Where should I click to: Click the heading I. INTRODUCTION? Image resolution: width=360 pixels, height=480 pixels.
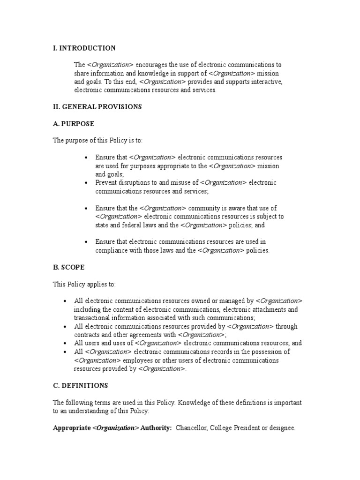(x=84, y=48)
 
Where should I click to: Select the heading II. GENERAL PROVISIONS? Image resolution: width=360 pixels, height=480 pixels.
(x=97, y=107)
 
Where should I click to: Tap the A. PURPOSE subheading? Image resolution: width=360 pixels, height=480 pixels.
(x=74, y=124)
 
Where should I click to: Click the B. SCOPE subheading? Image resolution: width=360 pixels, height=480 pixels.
(x=69, y=267)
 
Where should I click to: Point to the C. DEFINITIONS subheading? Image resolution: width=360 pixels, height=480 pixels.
(x=80, y=385)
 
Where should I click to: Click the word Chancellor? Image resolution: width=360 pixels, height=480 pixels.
(x=192, y=428)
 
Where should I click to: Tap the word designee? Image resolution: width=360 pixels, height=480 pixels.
(x=281, y=428)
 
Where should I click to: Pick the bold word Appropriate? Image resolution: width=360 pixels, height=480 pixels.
(x=72, y=428)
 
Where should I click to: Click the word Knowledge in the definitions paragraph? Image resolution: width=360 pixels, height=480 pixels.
(x=196, y=402)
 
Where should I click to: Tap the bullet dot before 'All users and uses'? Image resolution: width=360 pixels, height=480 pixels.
(x=65, y=343)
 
